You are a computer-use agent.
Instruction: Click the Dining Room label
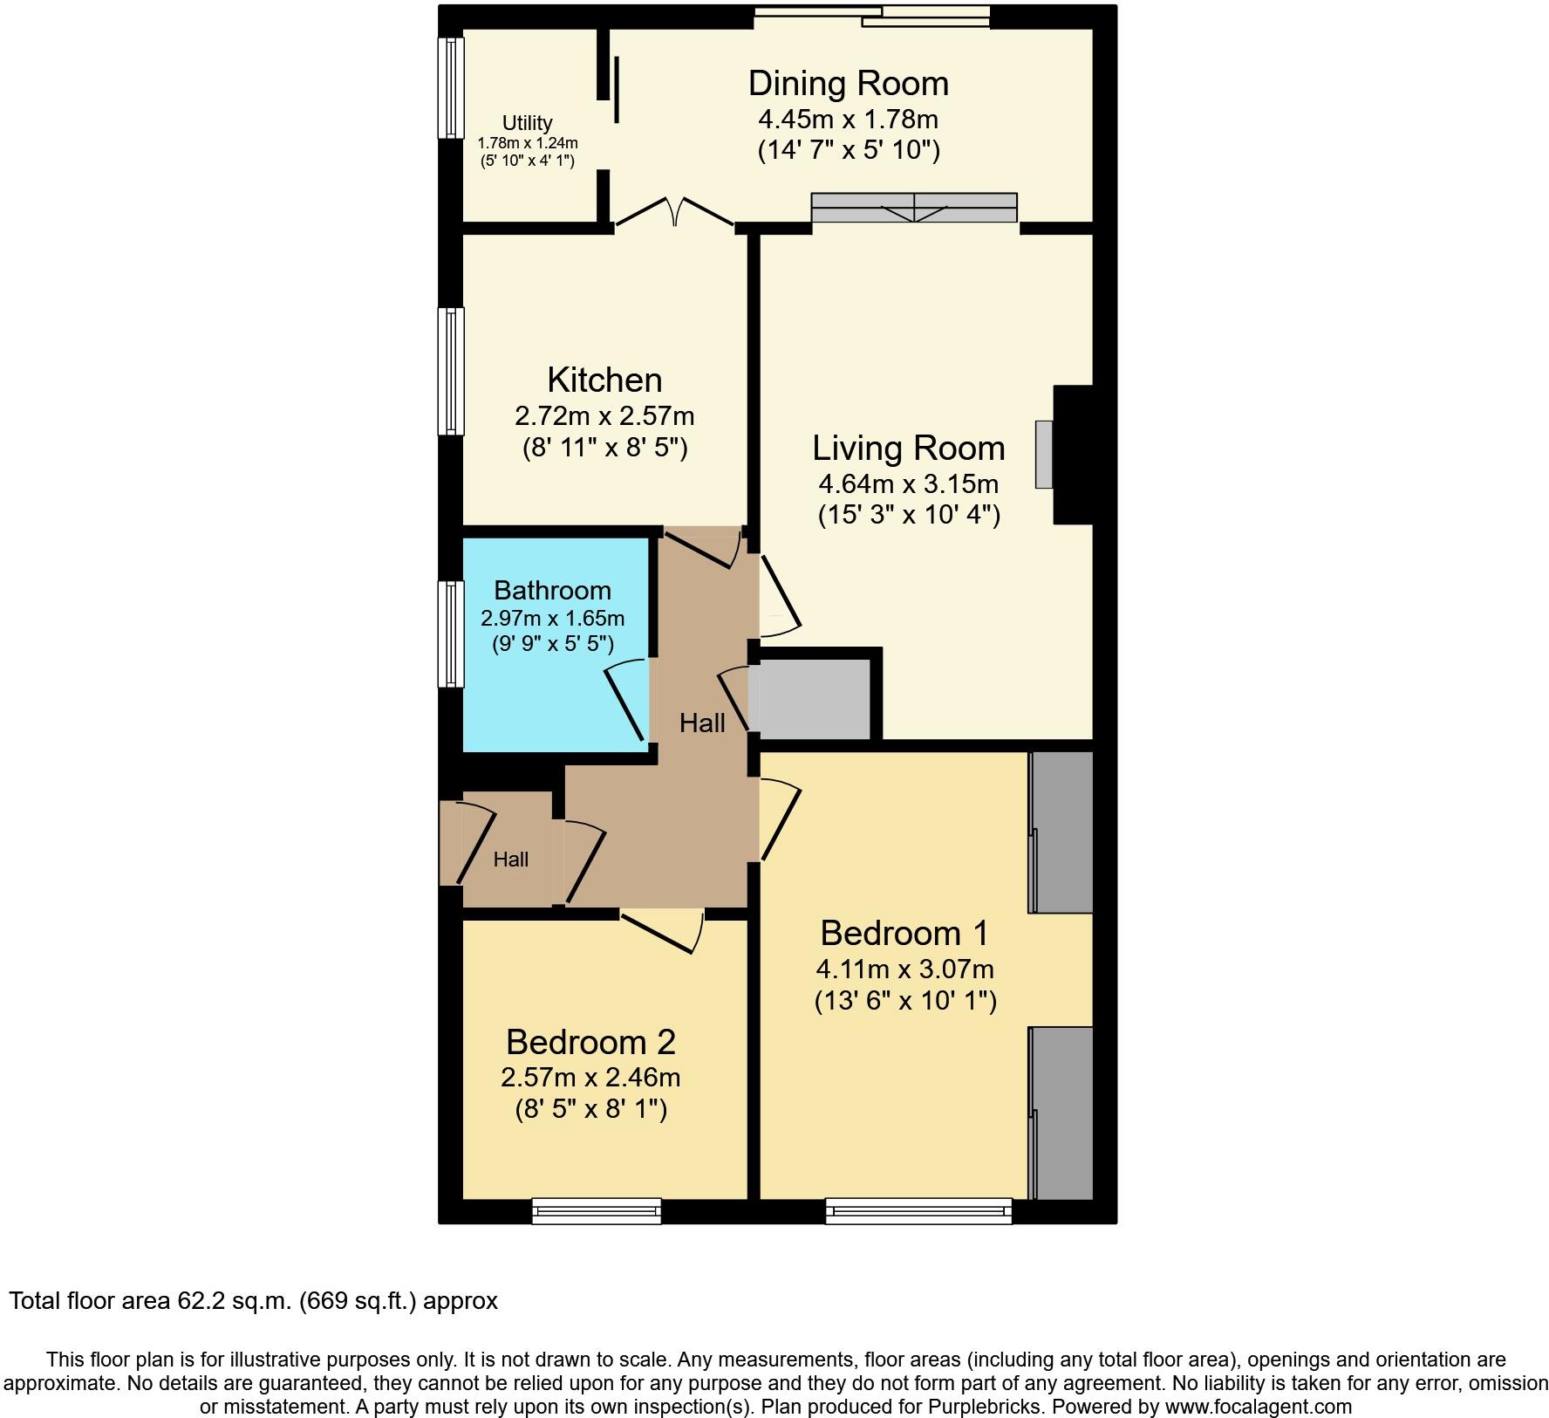(x=848, y=84)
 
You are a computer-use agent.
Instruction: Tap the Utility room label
(x=527, y=123)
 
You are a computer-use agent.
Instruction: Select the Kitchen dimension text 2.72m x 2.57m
(x=604, y=415)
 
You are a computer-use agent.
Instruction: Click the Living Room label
(x=908, y=448)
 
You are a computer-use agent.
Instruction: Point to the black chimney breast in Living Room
(x=1074, y=455)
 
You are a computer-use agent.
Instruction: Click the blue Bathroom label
(x=552, y=590)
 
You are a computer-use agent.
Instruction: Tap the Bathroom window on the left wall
(x=451, y=634)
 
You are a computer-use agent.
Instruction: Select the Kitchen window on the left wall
(x=451, y=371)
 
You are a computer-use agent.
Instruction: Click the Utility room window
(x=451, y=87)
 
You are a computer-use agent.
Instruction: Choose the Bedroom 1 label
(x=904, y=933)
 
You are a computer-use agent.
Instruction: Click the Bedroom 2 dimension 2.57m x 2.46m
(x=590, y=1078)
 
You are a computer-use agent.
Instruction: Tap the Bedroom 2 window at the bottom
(x=597, y=1210)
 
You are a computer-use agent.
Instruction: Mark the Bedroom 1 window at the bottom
(x=918, y=1210)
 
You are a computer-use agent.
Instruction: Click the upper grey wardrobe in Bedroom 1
(x=1061, y=832)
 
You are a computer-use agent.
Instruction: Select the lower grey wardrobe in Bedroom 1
(x=1061, y=1113)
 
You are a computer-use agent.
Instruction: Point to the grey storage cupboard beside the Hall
(x=815, y=699)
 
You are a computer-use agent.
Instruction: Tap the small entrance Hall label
(x=510, y=860)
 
